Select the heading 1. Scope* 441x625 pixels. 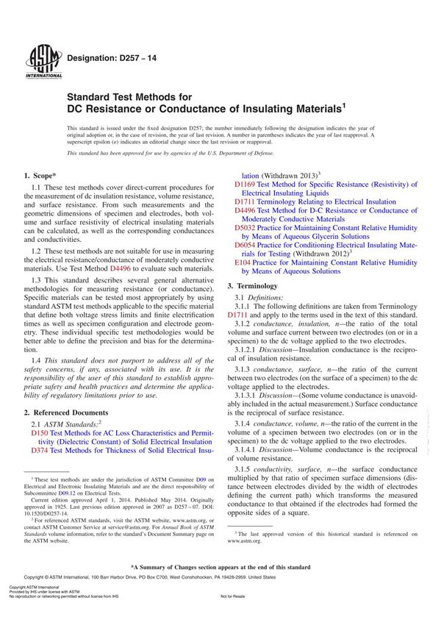coord(42,175)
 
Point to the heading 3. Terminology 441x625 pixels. coord(257,285)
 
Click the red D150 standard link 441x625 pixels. coord(39,434)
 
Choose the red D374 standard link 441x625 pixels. coord(39,450)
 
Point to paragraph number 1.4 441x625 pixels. coord(36,360)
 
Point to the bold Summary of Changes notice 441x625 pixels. coord(220,567)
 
